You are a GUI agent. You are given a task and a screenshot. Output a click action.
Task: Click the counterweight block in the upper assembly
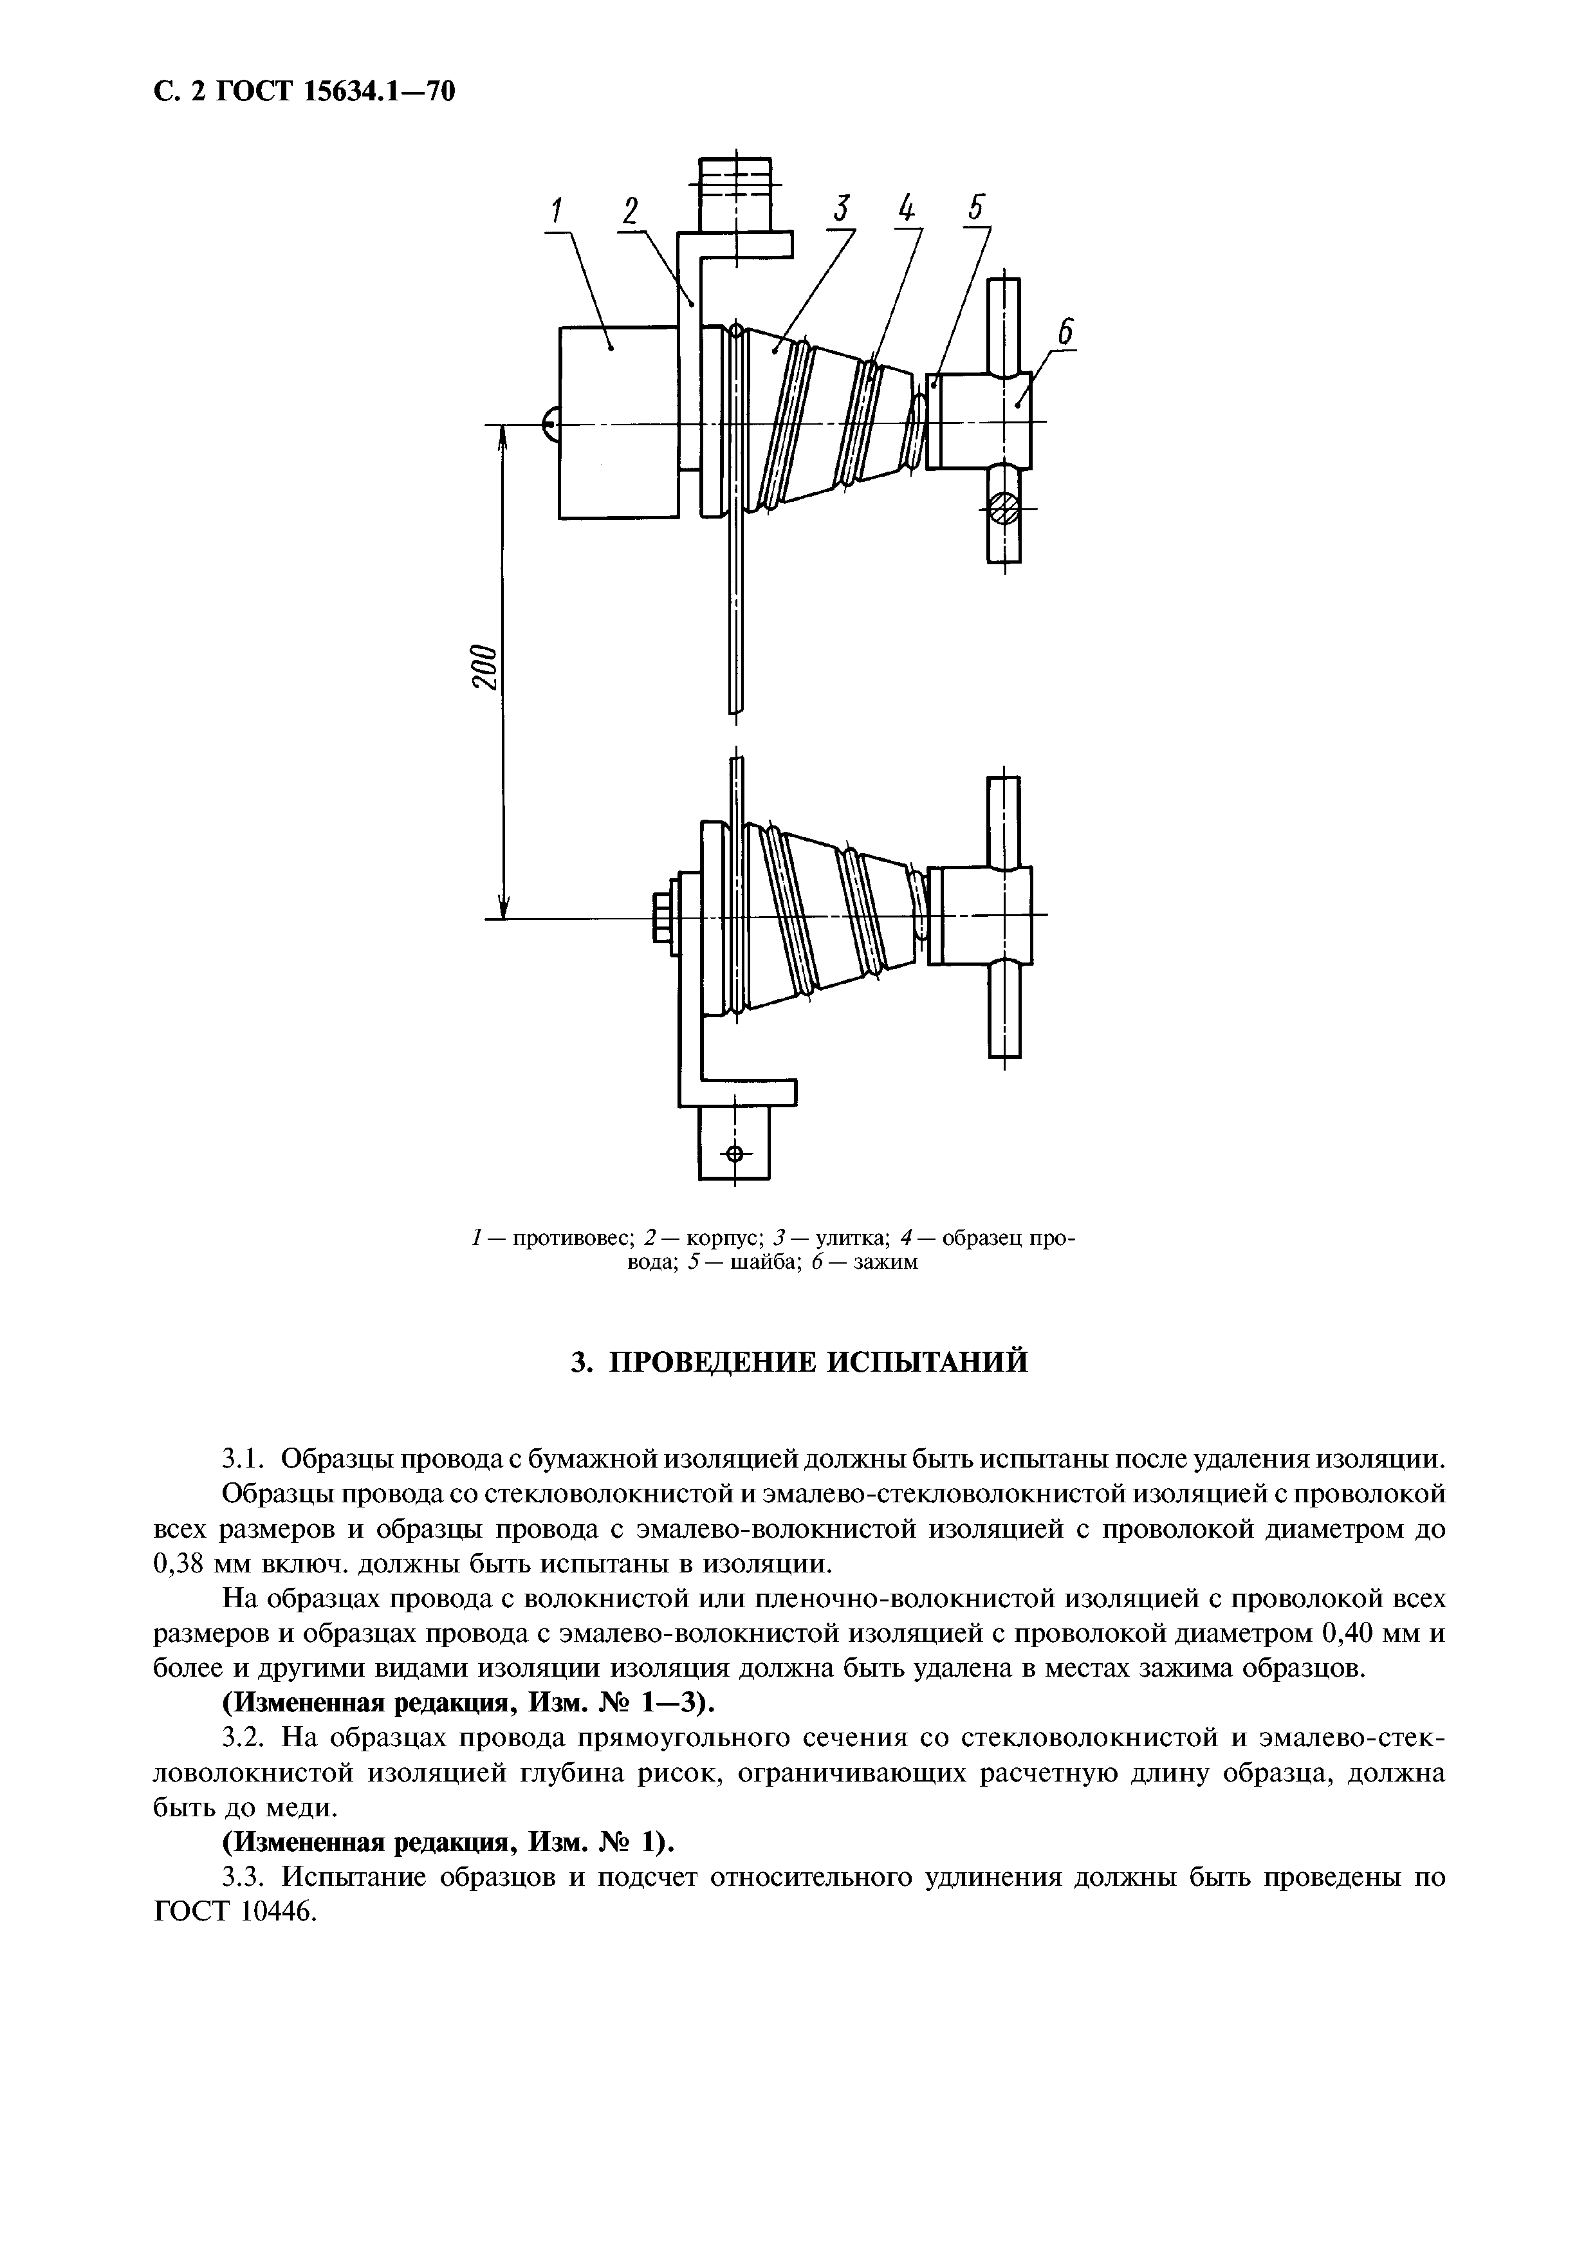point(617,423)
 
